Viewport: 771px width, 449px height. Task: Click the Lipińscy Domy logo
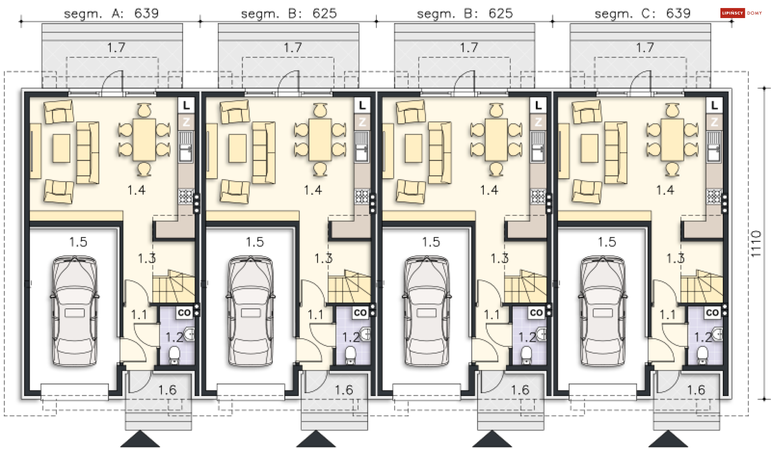click(741, 13)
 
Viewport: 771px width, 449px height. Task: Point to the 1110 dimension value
click(756, 244)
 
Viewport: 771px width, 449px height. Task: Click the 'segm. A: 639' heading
click(111, 14)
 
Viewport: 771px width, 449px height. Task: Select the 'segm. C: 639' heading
click(642, 14)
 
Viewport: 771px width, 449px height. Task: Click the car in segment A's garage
click(75, 311)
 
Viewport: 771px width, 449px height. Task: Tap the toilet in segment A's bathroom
click(174, 355)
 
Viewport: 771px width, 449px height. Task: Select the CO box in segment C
click(712, 312)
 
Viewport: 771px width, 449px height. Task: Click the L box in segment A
click(186, 106)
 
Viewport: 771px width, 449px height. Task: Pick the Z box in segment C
click(714, 122)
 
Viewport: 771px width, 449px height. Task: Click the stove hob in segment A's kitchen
click(186, 196)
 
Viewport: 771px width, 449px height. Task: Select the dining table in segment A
click(144, 139)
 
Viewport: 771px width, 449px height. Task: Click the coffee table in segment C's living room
click(589, 148)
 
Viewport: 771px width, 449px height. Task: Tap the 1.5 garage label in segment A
click(78, 242)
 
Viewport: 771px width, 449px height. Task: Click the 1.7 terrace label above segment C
click(645, 48)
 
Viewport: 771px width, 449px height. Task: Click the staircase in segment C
click(702, 286)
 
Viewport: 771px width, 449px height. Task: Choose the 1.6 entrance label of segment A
click(167, 390)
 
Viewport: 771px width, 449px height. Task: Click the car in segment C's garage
click(603, 311)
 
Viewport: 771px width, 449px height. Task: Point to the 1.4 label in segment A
click(136, 190)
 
